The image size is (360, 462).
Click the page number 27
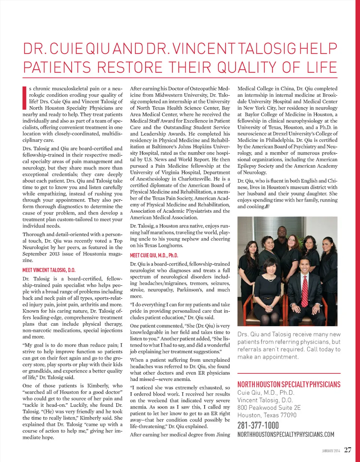348,450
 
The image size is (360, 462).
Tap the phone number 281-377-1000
258,425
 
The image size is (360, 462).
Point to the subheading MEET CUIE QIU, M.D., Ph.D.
154,255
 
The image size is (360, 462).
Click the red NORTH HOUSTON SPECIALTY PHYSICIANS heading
289,385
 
